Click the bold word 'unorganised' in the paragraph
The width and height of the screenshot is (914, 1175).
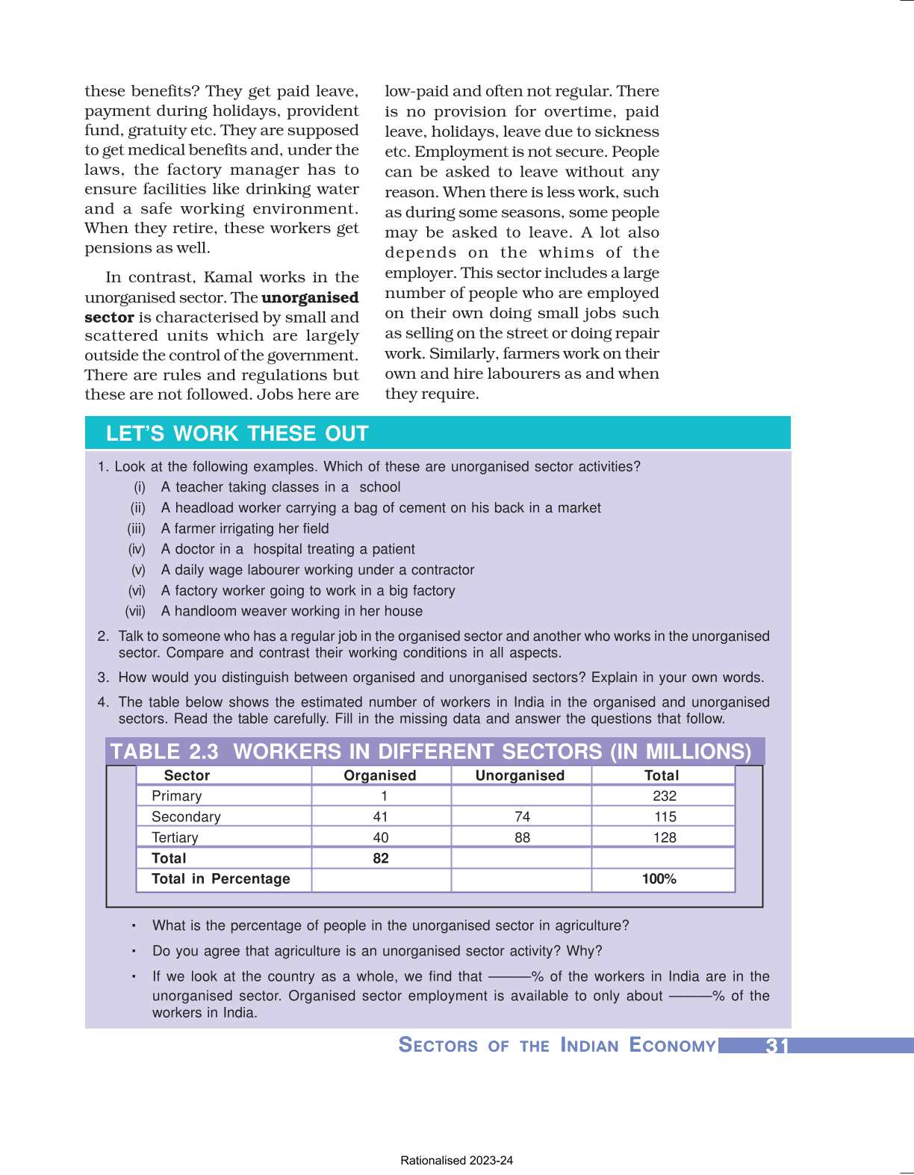point(310,297)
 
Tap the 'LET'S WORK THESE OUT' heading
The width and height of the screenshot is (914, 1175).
point(237,434)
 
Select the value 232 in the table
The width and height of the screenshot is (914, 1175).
point(664,796)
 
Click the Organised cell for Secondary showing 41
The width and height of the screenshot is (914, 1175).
point(381,817)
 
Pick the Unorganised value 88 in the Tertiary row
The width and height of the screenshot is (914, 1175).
point(522,838)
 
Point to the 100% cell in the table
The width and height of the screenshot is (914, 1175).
point(659,879)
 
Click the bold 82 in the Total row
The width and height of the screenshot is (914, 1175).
point(381,858)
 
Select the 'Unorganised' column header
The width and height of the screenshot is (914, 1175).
point(520,775)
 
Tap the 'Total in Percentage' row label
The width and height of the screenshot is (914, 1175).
point(220,879)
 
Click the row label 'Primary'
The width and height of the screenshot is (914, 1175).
point(176,796)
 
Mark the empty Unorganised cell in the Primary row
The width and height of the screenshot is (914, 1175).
point(521,796)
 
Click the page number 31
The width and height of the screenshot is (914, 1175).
point(777,1046)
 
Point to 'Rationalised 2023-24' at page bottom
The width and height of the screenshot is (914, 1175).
point(456,1161)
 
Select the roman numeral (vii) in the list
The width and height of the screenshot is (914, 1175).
point(135,612)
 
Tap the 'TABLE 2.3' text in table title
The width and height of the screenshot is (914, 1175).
point(164,751)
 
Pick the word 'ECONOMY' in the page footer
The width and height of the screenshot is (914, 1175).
point(672,1045)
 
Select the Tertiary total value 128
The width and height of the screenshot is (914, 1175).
point(664,838)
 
